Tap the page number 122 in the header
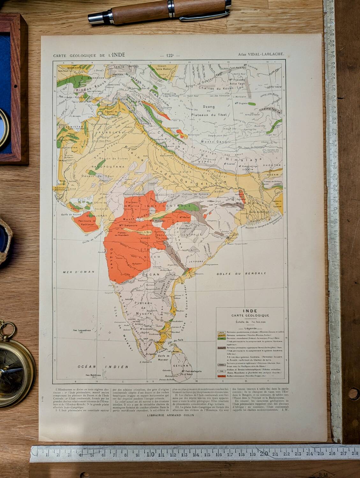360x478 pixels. tap(172, 55)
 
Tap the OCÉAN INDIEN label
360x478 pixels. tap(103, 367)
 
